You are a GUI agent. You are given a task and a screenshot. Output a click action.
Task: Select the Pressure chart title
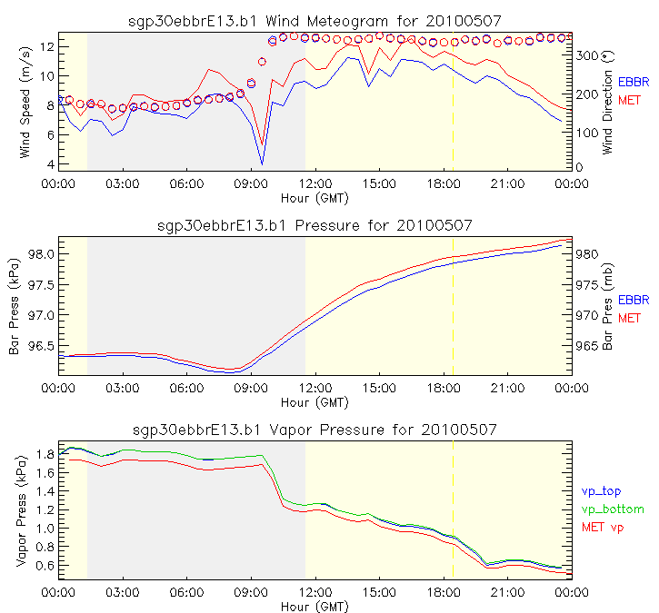click(315, 224)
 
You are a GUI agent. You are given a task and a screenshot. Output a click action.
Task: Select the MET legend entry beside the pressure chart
click(629, 318)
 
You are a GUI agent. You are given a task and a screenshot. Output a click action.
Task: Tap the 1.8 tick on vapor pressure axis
click(44, 454)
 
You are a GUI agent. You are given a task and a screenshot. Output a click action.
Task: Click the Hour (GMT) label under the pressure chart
click(315, 401)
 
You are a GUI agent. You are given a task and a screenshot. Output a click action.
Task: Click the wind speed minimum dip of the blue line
click(262, 163)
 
